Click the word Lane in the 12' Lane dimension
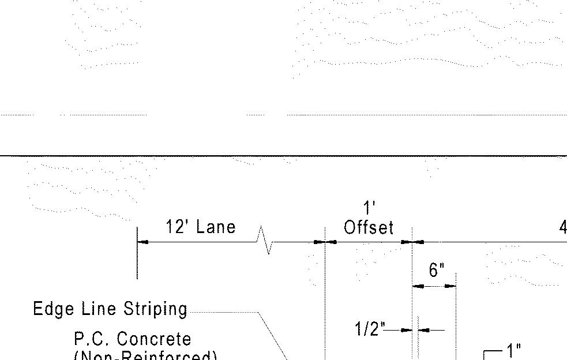(217, 227)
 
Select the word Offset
(369, 228)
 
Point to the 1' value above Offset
(369, 208)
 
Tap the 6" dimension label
(437, 270)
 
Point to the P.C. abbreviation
(92, 339)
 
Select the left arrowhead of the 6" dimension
(418, 286)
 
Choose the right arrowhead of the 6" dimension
(450, 286)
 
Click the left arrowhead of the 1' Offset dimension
(331, 242)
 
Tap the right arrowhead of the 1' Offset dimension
(407, 242)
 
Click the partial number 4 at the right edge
(562, 228)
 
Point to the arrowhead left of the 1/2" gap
(408, 330)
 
